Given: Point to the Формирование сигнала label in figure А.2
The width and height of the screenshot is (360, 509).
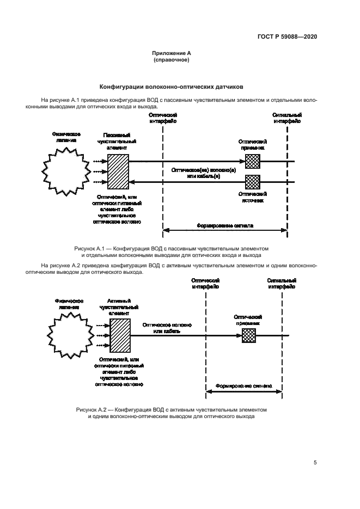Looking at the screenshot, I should click(x=244, y=385).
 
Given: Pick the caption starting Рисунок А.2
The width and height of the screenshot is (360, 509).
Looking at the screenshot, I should click(x=172, y=412).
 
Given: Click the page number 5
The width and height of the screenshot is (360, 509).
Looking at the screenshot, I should click(x=315, y=463).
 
